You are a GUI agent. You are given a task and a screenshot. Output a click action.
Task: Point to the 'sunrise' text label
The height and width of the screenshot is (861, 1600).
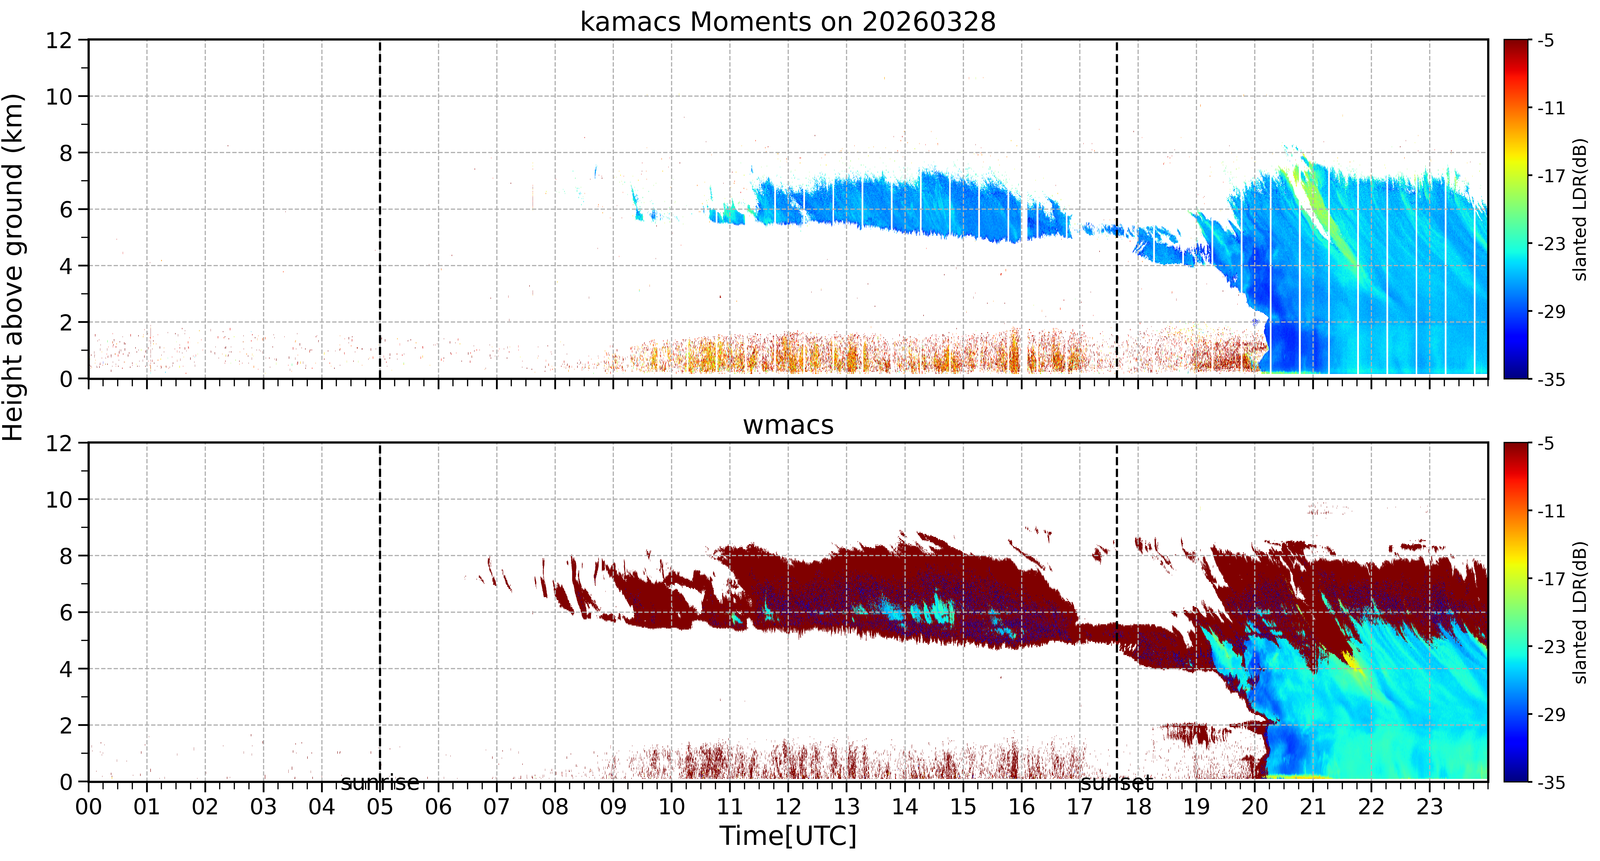380,783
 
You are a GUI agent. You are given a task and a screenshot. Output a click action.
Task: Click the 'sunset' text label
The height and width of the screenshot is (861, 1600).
1117,783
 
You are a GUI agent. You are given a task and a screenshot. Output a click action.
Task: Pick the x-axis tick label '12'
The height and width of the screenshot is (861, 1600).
788,807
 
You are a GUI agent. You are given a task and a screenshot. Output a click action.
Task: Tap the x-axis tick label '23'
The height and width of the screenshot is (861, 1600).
1429,807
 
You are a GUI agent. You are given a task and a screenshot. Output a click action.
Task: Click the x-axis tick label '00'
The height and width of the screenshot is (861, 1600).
89,807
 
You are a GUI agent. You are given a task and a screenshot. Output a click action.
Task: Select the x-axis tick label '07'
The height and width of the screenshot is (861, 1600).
497,807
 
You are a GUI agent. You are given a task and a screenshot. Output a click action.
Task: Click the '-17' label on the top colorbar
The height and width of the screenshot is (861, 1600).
1551,176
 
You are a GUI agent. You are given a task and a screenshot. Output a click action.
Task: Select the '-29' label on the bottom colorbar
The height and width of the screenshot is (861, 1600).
1551,714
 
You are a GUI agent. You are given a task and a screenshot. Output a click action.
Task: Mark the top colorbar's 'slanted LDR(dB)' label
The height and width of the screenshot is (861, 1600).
1581,209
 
